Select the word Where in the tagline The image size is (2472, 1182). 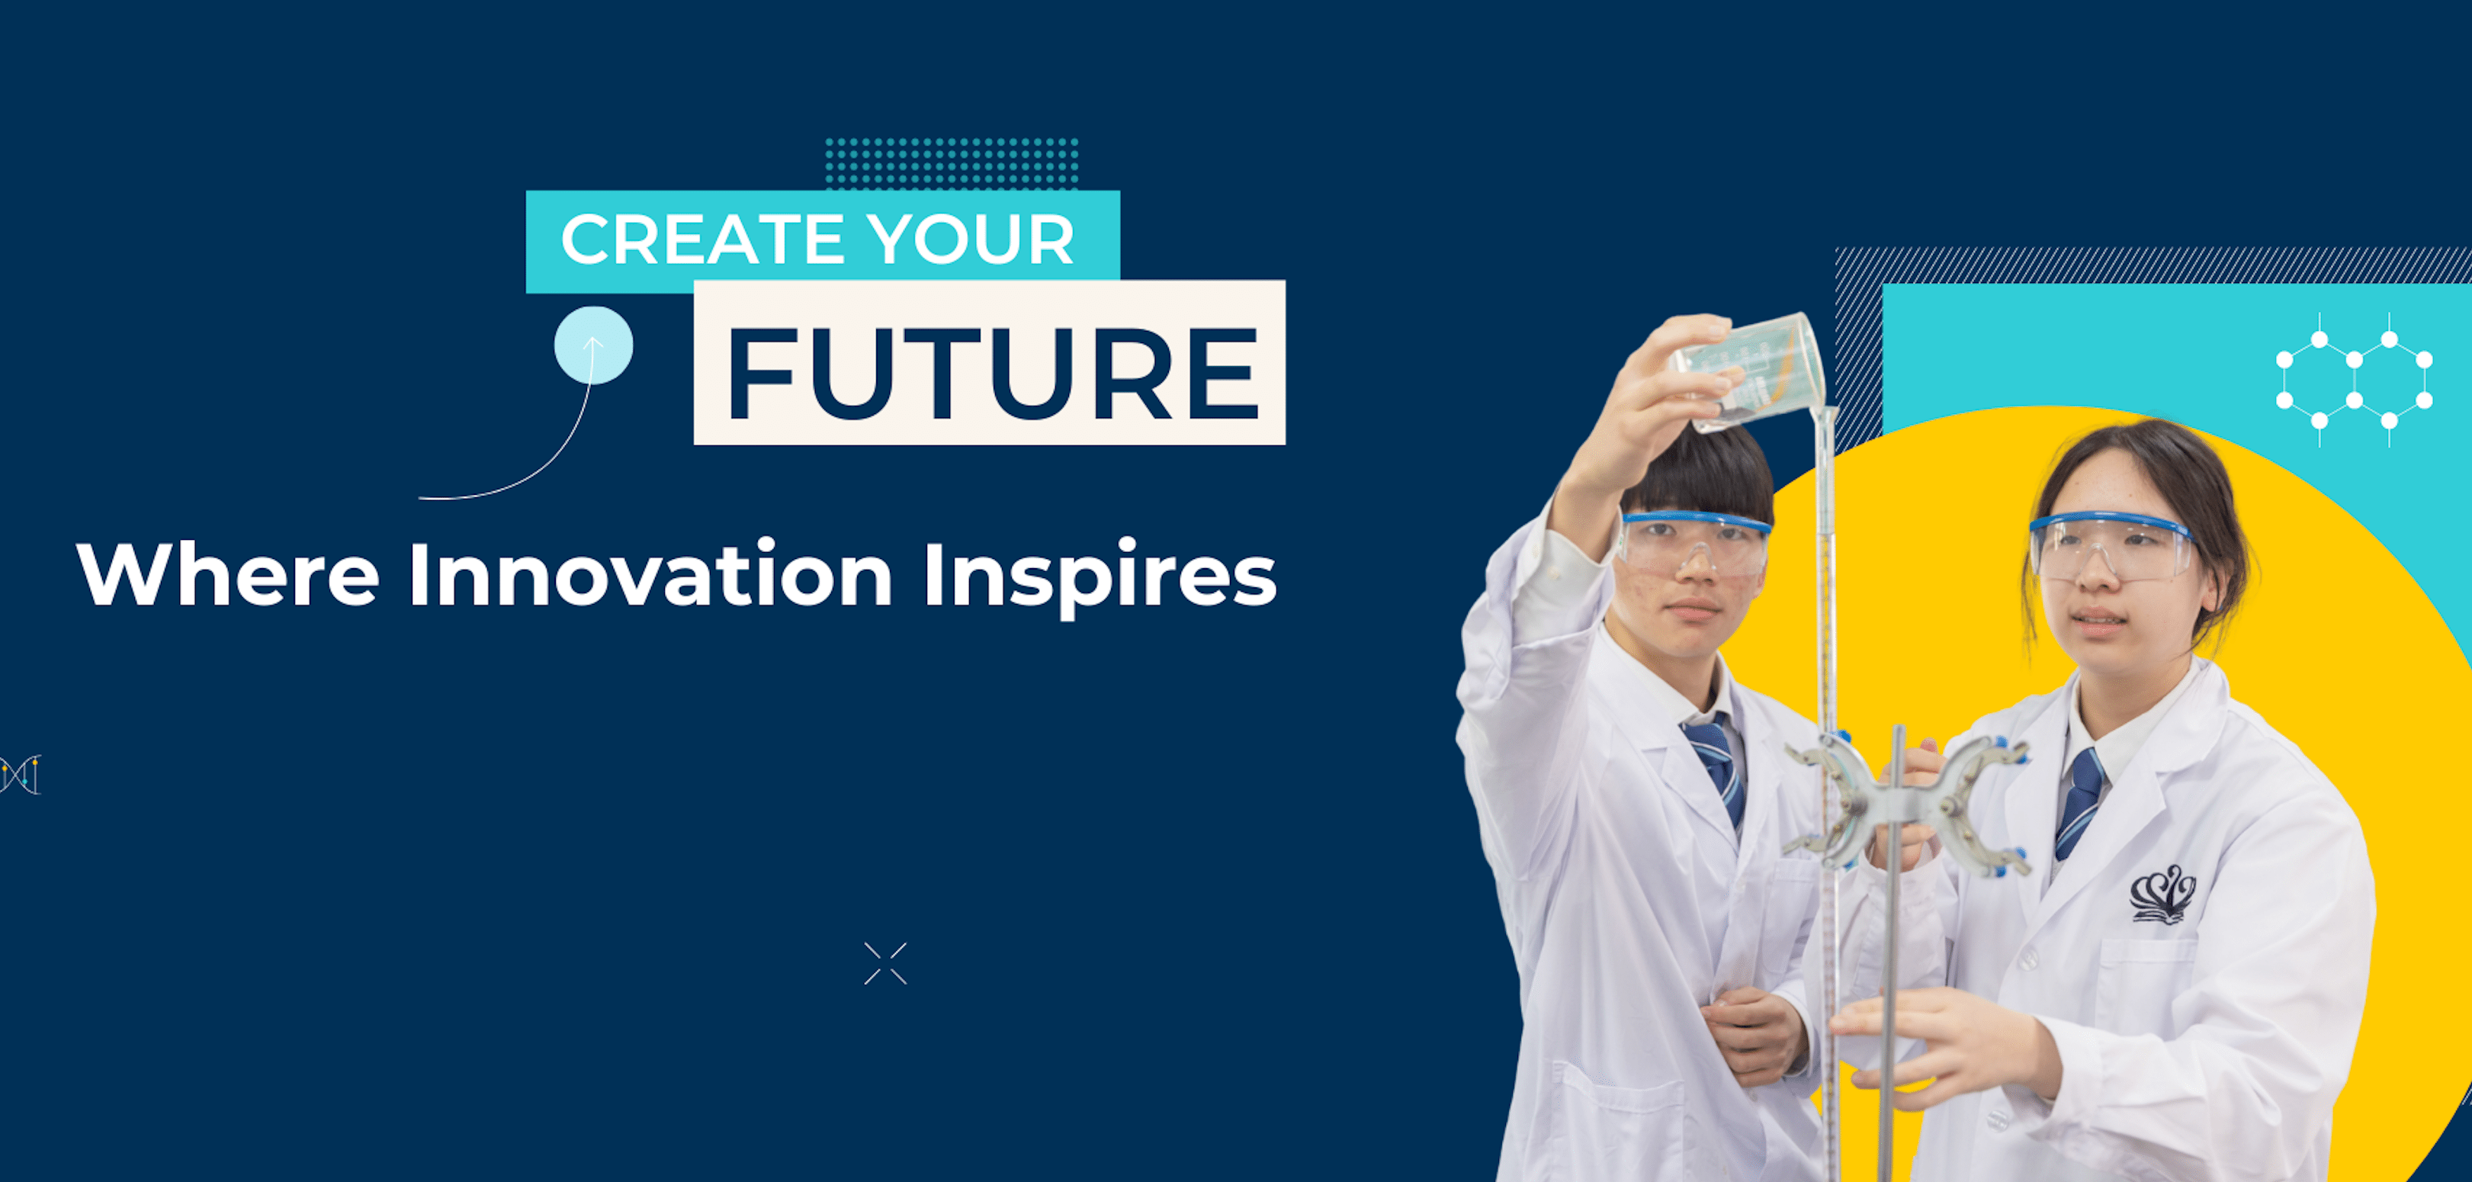tap(229, 575)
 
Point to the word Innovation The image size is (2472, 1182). tap(650, 575)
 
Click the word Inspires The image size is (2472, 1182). tap(1099, 577)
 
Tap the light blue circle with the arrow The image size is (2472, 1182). tap(593, 345)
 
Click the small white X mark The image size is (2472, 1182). tap(884, 963)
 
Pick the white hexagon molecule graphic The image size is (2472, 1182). tap(2353, 380)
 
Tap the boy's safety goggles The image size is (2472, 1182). tap(1693, 544)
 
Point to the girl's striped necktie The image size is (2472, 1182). tap(2079, 801)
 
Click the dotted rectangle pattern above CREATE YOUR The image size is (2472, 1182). tap(951, 163)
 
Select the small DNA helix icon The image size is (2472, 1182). tap(20, 774)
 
